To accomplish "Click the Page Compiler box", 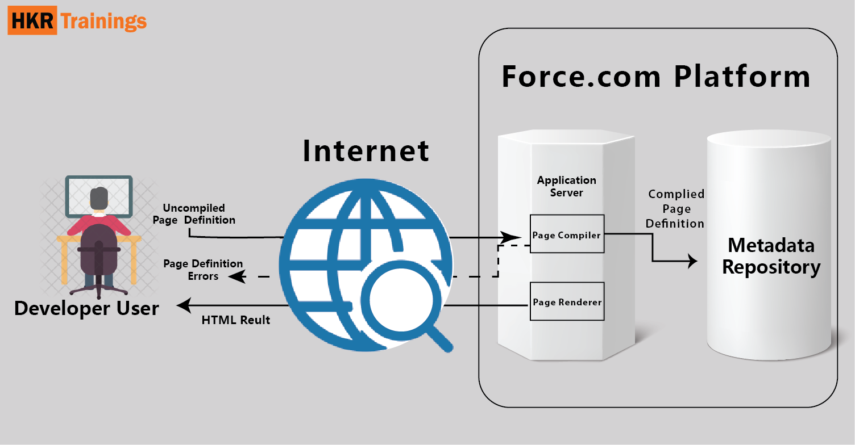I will click(566, 234).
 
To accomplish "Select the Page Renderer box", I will click(566, 301).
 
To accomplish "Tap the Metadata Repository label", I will click(771, 256).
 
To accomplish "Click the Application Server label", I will click(566, 186).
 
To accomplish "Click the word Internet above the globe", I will click(366, 150).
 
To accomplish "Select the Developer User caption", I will click(86, 308).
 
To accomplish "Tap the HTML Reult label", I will click(235, 320).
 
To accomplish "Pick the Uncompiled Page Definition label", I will click(194, 214).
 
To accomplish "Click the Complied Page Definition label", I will click(676, 209).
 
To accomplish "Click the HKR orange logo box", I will click(32, 22).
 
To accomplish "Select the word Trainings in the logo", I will click(103, 22).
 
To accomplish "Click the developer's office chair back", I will click(98, 250).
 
